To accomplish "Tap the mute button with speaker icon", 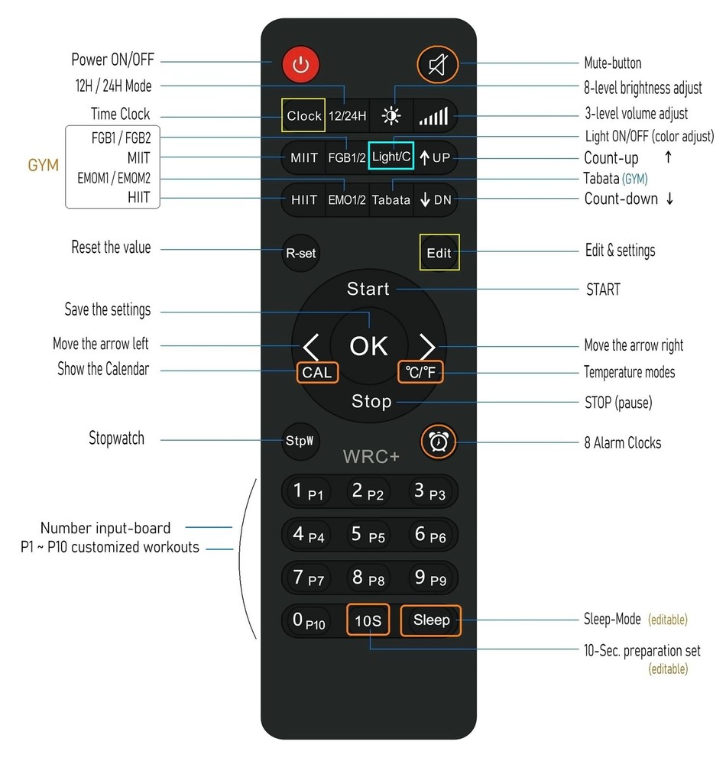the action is click(x=438, y=64).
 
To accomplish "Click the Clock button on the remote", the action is click(x=303, y=115).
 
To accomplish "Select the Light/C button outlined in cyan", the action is click(x=391, y=156).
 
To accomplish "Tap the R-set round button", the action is click(x=300, y=253).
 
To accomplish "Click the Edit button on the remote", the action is click(x=439, y=252).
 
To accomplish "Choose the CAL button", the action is click(x=317, y=373).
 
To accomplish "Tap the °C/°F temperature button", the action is click(x=420, y=372).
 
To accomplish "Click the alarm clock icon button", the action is click(x=439, y=442).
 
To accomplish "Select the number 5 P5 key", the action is click(x=368, y=535).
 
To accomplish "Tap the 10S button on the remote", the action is click(x=368, y=620).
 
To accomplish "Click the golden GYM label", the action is click(x=44, y=165).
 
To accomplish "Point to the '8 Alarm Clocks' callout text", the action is click(x=623, y=442).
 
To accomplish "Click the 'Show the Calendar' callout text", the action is click(x=103, y=369).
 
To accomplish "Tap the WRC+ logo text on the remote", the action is click(x=371, y=457).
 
